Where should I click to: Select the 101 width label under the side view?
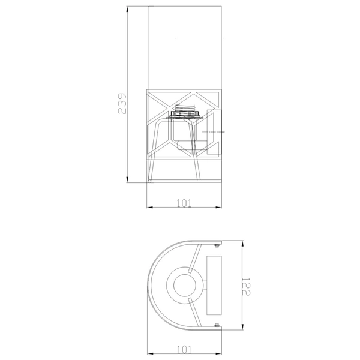tap(185, 203)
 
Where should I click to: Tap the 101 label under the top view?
tap(185, 347)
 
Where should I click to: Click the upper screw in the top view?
tap(217, 244)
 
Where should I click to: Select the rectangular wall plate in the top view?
tap(214, 286)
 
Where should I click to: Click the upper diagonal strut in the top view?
tap(194, 259)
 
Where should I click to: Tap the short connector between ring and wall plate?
tap(201, 286)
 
